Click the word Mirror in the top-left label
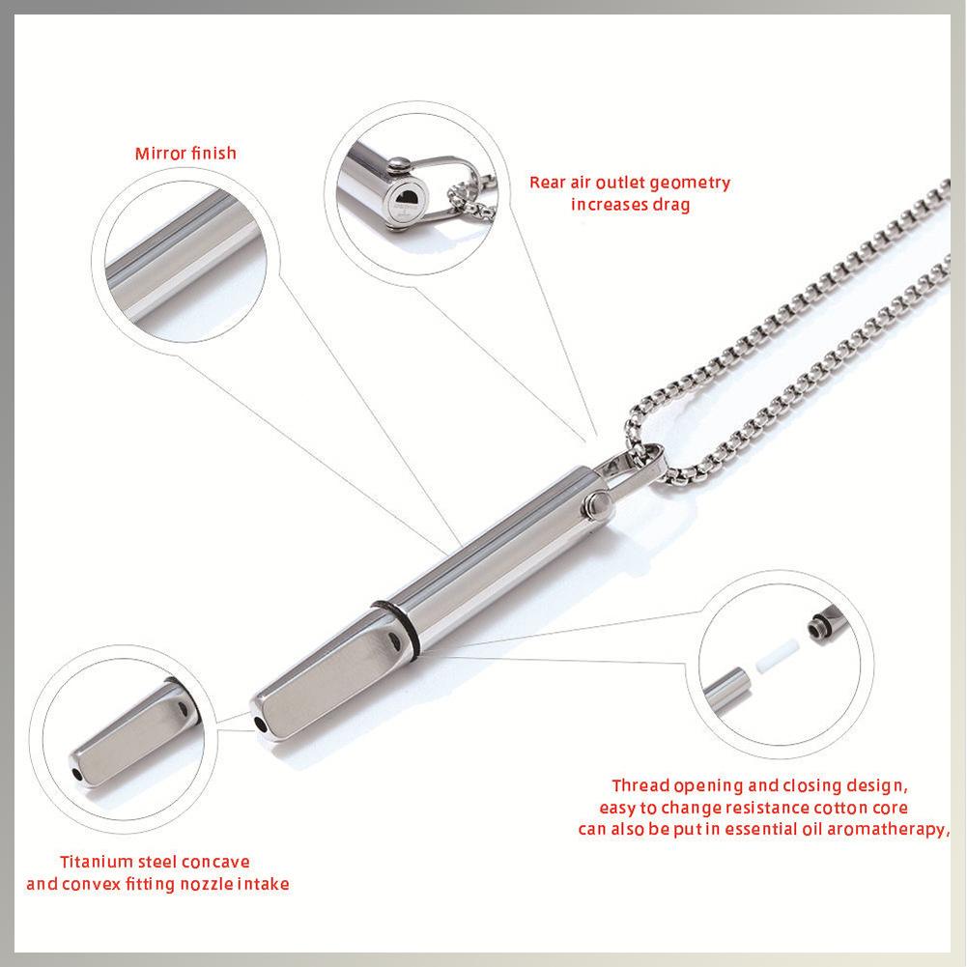[157, 153]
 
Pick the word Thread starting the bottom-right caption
[640, 784]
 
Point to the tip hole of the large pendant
[260, 724]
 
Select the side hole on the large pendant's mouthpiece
[391, 641]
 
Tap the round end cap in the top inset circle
[407, 199]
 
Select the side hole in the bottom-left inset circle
[183, 712]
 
